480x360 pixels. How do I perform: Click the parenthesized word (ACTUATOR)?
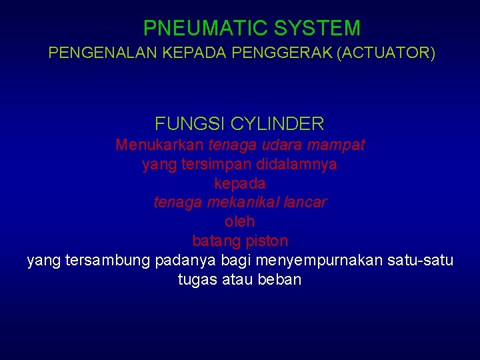click(x=387, y=53)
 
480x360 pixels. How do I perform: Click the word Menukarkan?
click(x=159, y=145)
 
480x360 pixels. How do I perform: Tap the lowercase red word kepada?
click(x=240, y=183)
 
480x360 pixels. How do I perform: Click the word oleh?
click(x=240, y=221)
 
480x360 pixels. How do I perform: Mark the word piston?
click(x=267, y=241)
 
